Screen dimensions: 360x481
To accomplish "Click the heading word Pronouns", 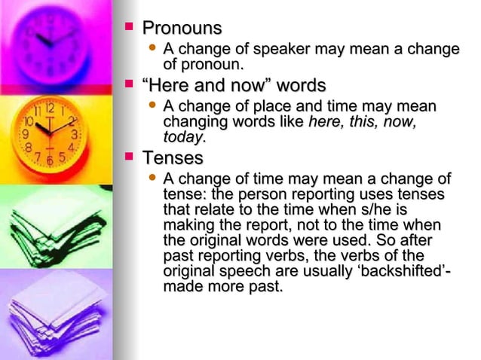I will click(182, 29).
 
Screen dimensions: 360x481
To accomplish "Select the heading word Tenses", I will click(173, 158).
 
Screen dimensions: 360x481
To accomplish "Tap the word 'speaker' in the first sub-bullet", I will click(287, 50).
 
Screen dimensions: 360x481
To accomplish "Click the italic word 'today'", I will click(182, 137).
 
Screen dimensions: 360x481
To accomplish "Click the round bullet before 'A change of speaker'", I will click(153, 50).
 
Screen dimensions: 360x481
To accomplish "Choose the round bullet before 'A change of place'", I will click(153, 106).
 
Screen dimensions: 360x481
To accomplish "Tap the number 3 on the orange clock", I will click(75, 134).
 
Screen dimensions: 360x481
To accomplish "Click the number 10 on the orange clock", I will click(28, 121).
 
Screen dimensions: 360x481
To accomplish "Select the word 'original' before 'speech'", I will click(192, 271).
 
